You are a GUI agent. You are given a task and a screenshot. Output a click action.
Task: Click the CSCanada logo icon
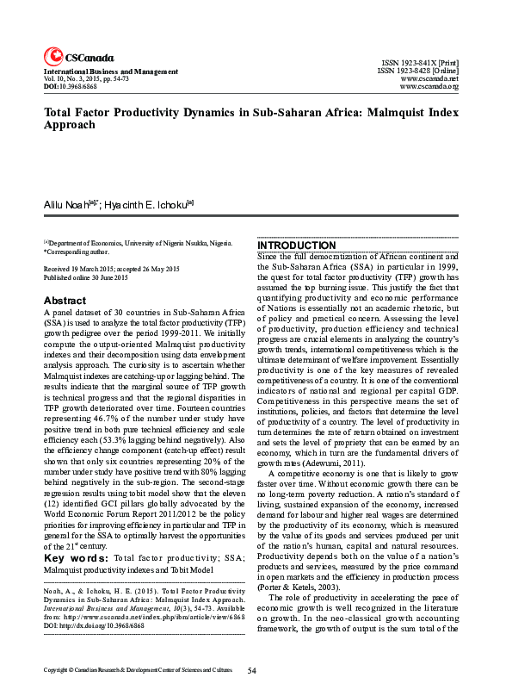click(x=52, y=55)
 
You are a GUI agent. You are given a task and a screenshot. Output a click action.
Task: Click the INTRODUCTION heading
click(x=298, y=245)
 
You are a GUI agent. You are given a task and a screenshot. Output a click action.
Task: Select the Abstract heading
click(x=65, y=301)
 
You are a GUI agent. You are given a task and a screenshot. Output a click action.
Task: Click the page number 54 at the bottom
click(x=252, y=669)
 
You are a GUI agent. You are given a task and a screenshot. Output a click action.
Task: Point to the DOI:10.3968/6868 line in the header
click(x=71, y=87)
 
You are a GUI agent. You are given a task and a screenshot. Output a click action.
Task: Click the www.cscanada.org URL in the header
click(x=429, y=87)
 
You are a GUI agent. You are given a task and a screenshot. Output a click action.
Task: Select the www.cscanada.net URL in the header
click(x=429, y=79)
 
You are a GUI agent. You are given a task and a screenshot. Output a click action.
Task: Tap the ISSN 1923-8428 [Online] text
click(x=417, y=71)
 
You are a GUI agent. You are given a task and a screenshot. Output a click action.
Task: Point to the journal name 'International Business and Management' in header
click(x=111, y=71)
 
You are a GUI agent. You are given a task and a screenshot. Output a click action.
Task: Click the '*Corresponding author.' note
click(x=77, y=252)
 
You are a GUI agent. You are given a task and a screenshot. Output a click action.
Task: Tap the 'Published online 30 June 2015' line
click(x=85, y=277)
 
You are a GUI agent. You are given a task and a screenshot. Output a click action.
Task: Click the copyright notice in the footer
click(x=138, y=669)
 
